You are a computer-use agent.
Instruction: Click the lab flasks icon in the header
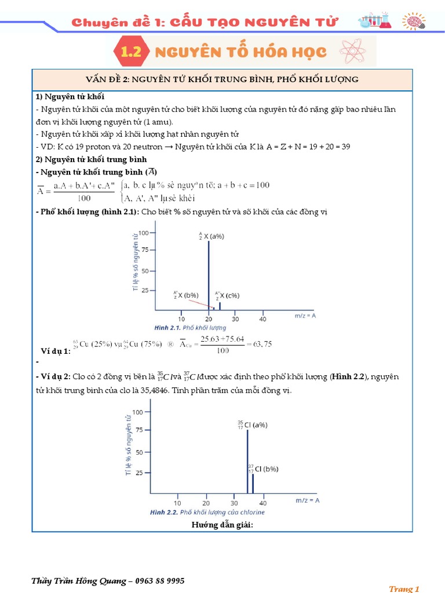[374, 20]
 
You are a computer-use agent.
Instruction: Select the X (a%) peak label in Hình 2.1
[211, 237]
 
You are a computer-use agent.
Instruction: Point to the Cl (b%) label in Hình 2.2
[263, 468]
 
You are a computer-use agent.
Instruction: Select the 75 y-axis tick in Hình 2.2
[140, 429]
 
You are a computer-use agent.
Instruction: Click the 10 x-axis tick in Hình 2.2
[177, 503]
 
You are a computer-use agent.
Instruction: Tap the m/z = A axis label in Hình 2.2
[308, 499]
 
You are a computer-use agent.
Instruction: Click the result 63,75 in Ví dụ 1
[260, 344]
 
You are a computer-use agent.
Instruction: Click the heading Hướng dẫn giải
[222, 525]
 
